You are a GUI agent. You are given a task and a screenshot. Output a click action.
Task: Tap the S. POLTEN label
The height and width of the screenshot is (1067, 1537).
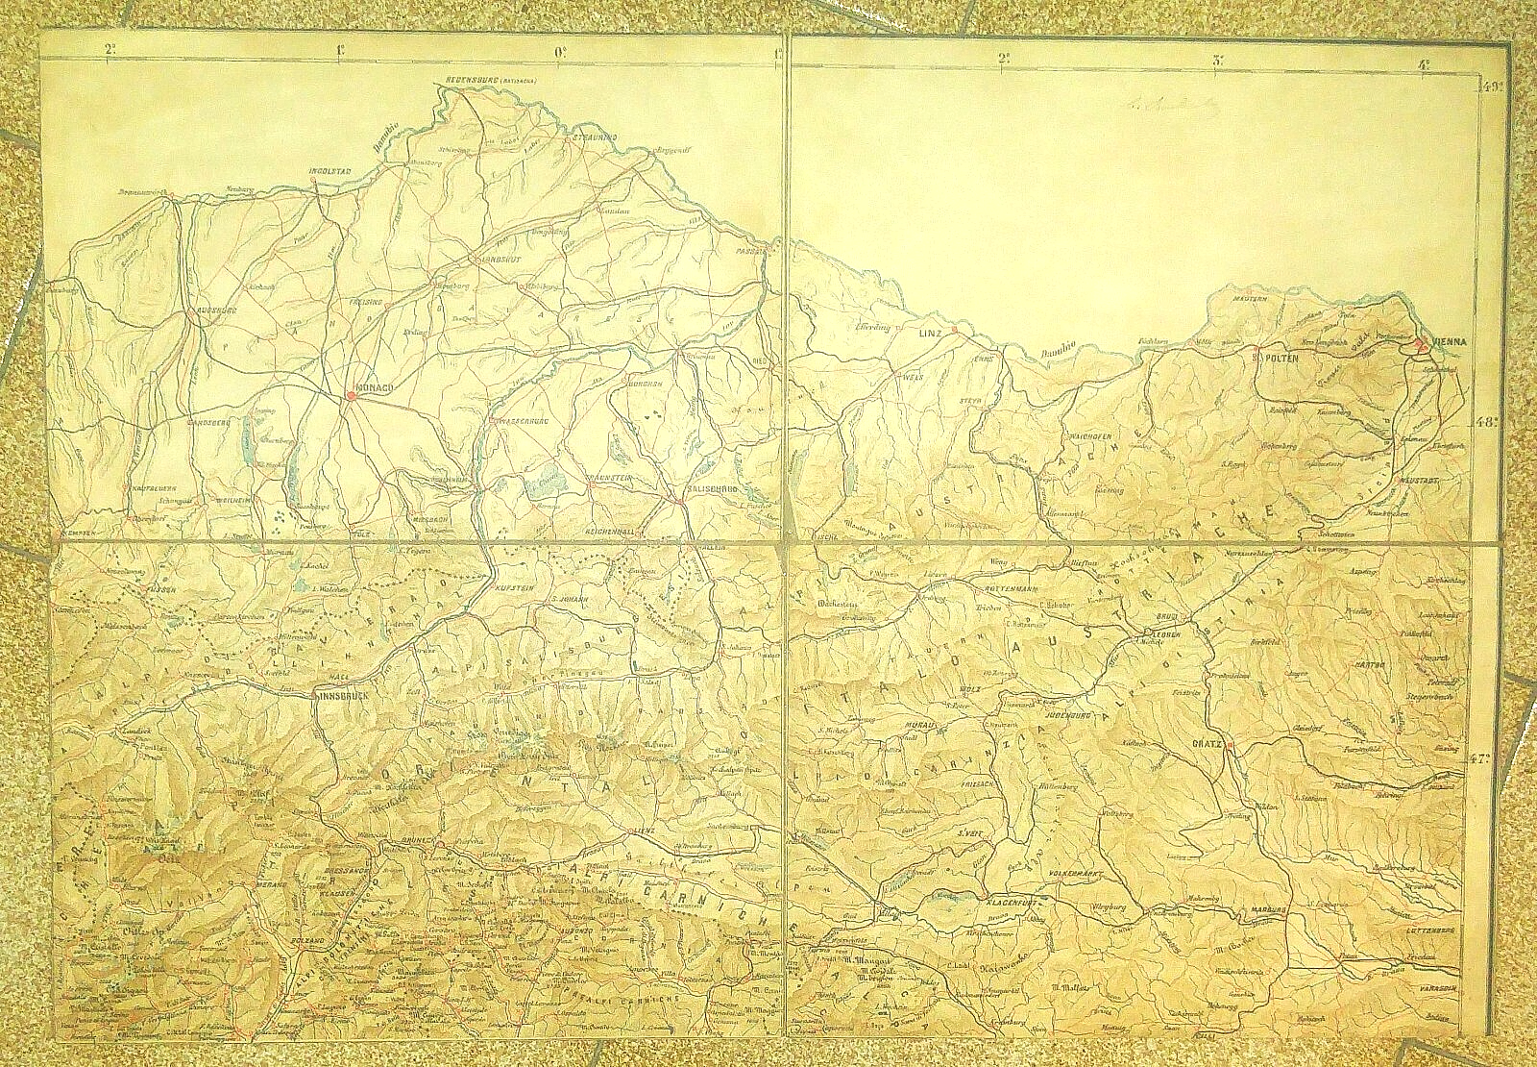[1275, 358]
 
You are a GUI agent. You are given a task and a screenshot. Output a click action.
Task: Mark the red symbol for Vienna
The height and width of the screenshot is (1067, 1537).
[1421, 347]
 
